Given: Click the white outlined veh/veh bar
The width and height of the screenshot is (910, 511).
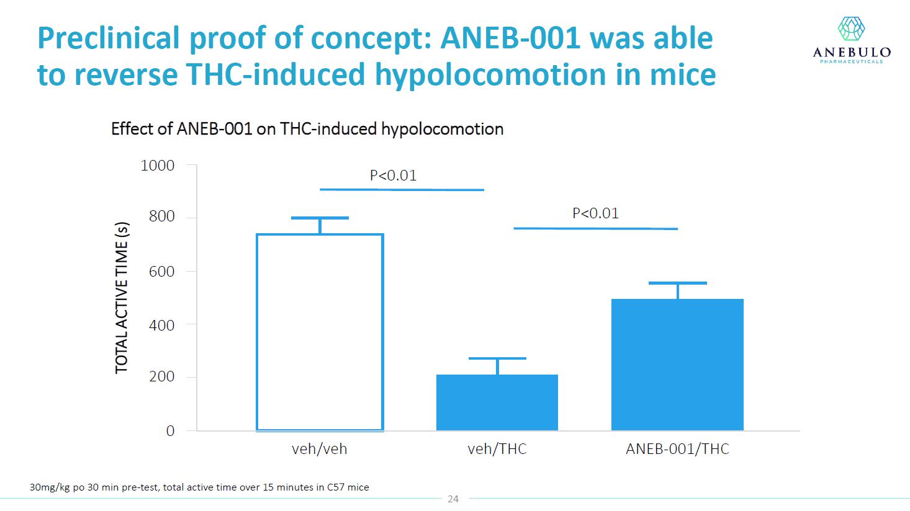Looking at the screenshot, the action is coord(257,332).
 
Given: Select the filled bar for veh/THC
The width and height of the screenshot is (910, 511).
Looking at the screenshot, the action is coord(497,402).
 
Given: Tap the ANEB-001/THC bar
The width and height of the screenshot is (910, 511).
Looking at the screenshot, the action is coord(677,365).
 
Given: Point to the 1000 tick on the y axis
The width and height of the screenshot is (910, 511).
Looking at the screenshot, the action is coord(157,166).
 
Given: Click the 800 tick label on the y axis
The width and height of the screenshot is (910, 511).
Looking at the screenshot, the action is coord(161,216).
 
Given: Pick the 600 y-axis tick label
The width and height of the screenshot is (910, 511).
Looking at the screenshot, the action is coord(161,271).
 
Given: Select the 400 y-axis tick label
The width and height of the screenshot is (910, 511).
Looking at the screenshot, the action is coord(161,325).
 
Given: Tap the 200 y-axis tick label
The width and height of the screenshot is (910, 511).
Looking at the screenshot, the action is coord(161,376).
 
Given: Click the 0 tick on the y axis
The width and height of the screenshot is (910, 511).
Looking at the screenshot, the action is coord(170,430).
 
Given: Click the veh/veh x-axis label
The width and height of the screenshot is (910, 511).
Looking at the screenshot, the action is coord(319,449).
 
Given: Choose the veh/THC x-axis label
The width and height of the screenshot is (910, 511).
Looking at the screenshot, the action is coord(497,449).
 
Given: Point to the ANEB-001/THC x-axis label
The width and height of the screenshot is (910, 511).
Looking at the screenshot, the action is coord(677,449).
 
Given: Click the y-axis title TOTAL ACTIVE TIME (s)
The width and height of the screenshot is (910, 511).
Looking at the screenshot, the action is coord(122,298).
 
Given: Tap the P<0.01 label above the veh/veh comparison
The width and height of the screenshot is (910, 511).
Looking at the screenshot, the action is coord(393,176).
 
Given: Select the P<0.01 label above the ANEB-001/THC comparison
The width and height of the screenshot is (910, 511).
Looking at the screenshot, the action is coord(595,213).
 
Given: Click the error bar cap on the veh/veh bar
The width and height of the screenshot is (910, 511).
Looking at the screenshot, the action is coord(320,218).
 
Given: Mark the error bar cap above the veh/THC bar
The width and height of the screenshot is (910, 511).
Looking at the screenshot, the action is coord(497,358).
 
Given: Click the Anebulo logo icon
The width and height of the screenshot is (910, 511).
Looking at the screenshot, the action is coord(851,29).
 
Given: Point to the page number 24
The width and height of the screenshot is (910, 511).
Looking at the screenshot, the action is coord(453,499).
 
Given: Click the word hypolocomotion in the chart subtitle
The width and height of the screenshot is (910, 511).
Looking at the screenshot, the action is coord(443,129).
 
